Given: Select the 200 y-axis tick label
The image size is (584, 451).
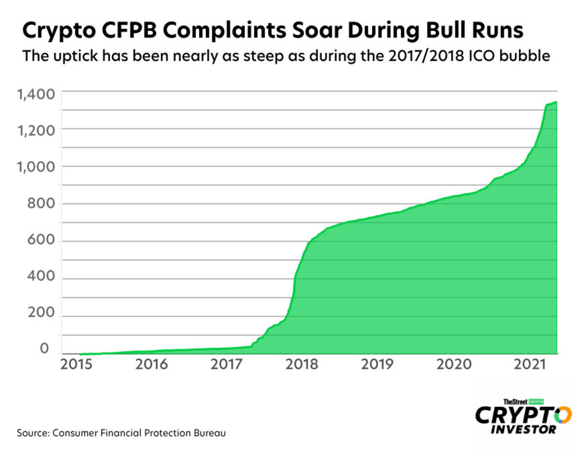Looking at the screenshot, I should (x=41, y=317).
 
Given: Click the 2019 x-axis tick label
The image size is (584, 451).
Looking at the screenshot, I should (x=377, y=364).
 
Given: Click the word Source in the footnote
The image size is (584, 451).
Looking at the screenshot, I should (x=32, y=432).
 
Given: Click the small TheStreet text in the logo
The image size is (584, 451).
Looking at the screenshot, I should (x=515, y=401).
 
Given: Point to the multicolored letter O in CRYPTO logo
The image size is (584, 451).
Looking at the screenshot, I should (x=563, y=415).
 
